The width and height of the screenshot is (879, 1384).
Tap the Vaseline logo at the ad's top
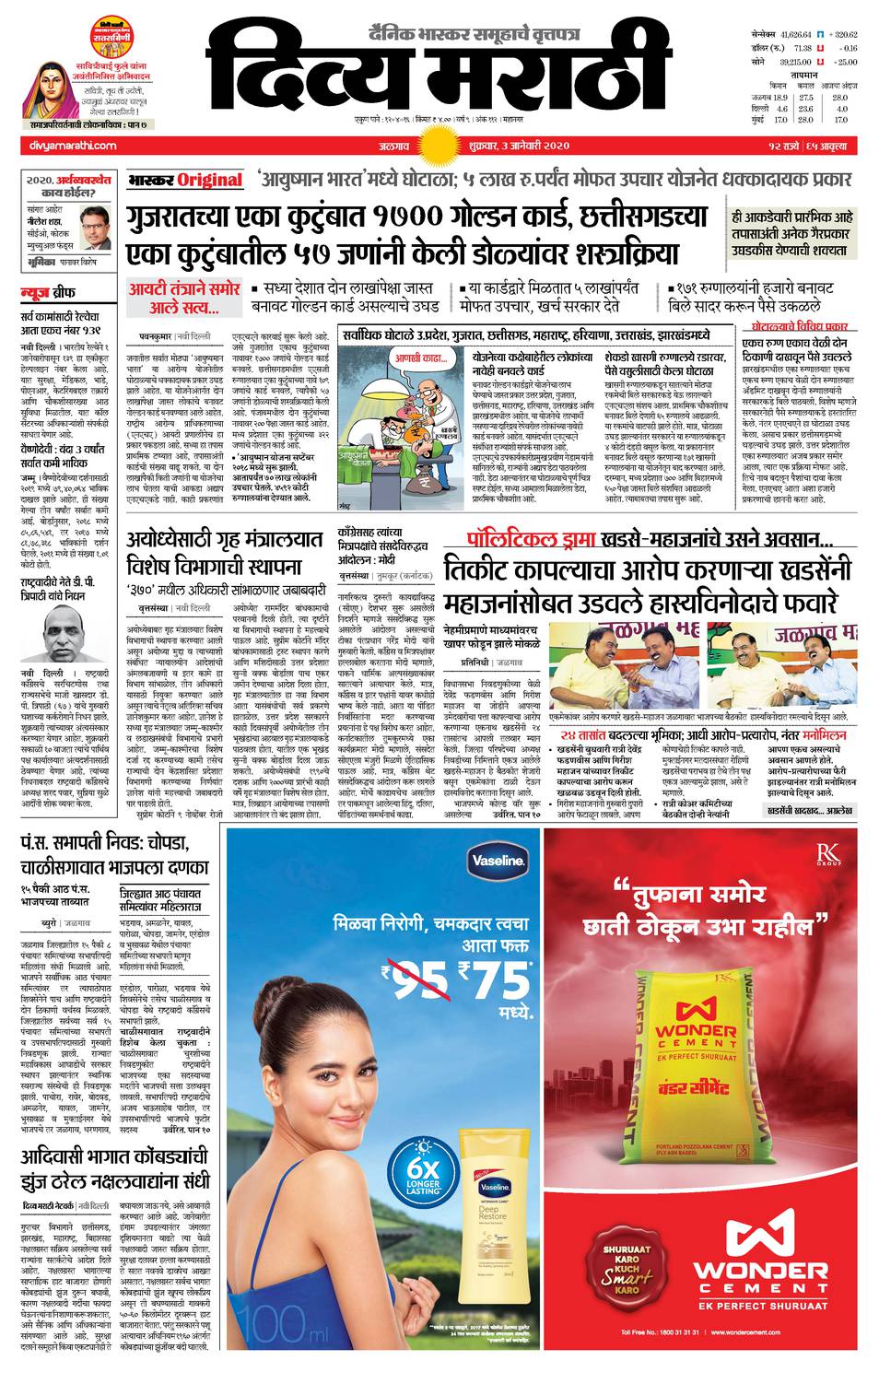[x=498, y=861]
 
